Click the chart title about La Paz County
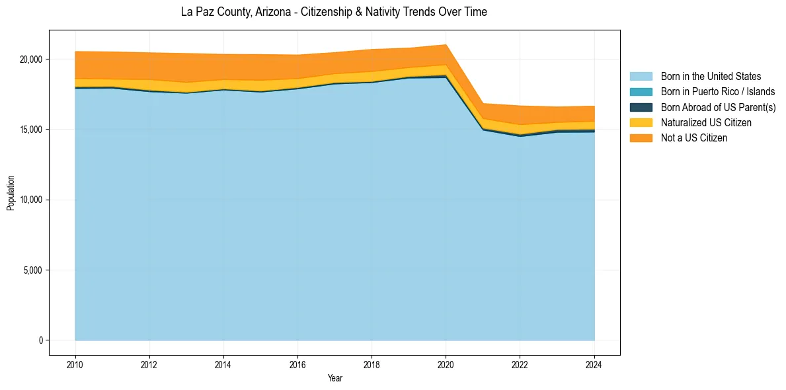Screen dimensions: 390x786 click(x=334, y=12)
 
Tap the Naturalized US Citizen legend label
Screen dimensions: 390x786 click(x=706, y=123)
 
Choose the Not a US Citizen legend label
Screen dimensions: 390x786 click(x=694, y=138)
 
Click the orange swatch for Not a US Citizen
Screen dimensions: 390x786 click(x=641, y=138)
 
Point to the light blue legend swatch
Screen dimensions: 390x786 click(x=641, y=77)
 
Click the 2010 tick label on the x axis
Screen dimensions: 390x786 click(x=75, y=364)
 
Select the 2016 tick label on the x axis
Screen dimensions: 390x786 click(x=297, y=364)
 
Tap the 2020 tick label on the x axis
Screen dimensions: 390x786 click(x=446, y=364)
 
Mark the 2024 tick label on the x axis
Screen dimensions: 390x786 click(x=594, y=364)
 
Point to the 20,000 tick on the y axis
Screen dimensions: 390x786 click(x=30, y=59)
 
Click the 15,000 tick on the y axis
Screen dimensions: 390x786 click(x=30, y=130)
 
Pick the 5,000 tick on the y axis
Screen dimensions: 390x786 click(x=32, y=270)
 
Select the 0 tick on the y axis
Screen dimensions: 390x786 click(x=40, y=340)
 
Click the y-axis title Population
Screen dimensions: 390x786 click(x=11, y=192)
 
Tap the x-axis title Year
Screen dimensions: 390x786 click(x=335, y=378)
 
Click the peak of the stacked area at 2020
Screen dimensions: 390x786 click(x=446, y=45)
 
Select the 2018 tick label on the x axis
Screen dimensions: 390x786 click(x=372, y=364)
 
